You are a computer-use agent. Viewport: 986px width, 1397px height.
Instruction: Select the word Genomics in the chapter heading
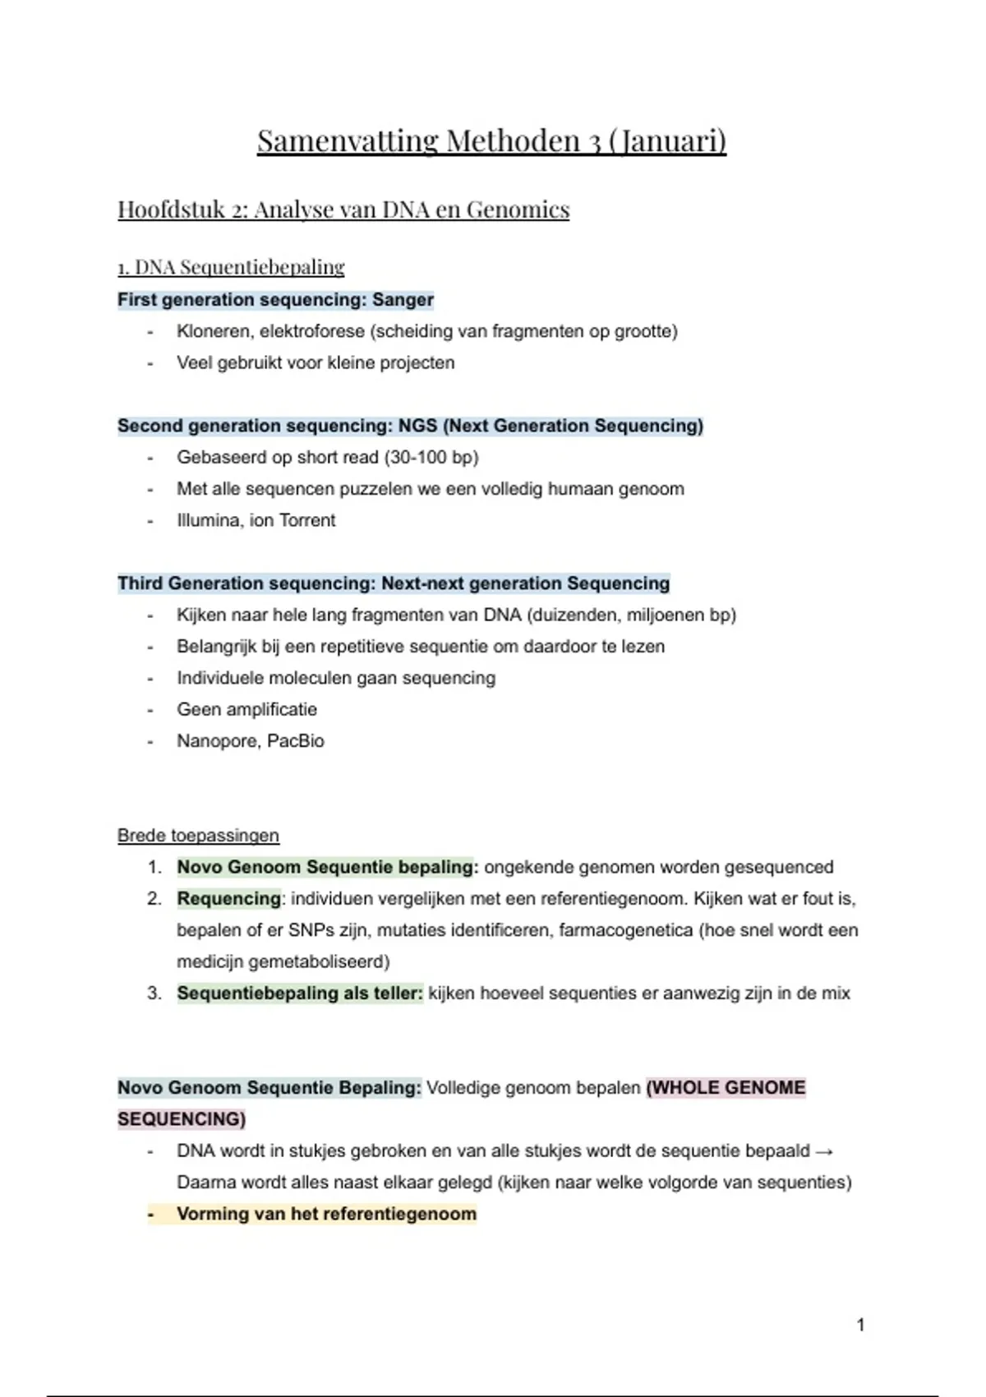(518, 210)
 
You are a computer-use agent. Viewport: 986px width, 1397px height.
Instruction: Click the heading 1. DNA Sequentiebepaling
(231, 267)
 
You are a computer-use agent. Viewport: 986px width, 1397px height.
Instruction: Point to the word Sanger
(403, 300)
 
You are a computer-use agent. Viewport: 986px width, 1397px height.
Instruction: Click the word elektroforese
(312, 331)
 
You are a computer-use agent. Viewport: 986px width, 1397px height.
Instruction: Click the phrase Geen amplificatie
(246, 709)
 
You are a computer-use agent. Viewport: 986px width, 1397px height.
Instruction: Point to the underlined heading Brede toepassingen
(198, 836)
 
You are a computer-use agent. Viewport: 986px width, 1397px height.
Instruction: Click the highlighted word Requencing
(228, 899)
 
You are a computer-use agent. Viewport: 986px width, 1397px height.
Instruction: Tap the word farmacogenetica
(625, 930)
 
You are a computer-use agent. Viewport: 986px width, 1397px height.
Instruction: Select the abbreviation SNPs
(311, 930)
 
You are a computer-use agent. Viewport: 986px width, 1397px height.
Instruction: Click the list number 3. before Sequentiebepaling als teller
(154, 994)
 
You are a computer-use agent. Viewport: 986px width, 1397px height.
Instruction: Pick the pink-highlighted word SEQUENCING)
(182, 1119)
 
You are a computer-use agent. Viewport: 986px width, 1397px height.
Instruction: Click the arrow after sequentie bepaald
(825, 1151)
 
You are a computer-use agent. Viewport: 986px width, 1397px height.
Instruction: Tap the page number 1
(860, 1325)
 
